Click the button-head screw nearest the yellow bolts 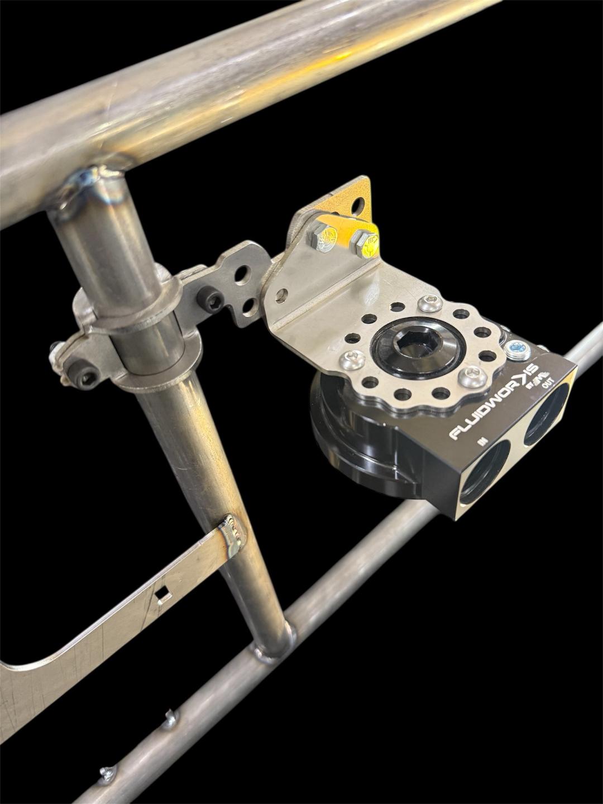430,303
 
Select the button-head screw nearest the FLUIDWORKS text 472,377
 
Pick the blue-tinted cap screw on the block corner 516,351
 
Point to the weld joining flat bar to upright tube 232,536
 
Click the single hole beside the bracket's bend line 282,295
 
